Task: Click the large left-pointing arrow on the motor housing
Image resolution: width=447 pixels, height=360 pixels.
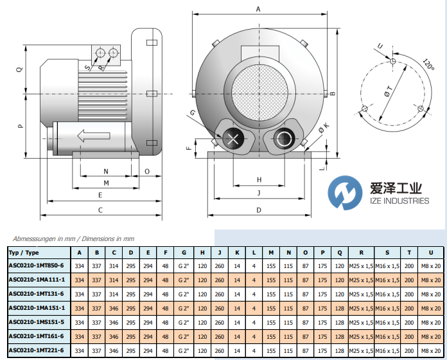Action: pyautogui.click(x=90, y=136)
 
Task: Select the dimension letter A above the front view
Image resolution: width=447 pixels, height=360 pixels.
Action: pyautogui.click(x=258, y=10)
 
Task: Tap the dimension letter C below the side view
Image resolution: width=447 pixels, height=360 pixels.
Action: pyautogui.click(x=100, y=210)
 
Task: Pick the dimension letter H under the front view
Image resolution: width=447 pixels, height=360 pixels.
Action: pyautogui.click(x=259, y=179)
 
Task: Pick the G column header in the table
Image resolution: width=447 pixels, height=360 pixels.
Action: pyautogui.click(x=184, y=252)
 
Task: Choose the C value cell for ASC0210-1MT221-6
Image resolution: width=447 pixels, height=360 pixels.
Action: pyautogui.click(x=114, y=350)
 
